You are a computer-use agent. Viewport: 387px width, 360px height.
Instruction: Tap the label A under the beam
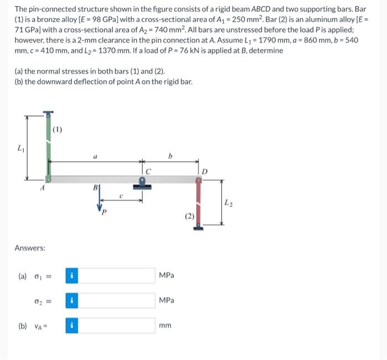pos(40,188)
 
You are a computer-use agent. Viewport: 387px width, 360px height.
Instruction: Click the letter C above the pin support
pos(148,171)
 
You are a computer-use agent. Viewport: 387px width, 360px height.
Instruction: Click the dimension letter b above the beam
pos(170,156)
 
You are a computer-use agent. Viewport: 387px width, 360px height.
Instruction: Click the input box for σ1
pos(117,276)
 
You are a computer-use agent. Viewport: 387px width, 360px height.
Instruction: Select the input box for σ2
pos(117,300)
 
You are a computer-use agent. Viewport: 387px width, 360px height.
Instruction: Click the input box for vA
pos(117,325)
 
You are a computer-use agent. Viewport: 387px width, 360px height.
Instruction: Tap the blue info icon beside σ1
pos(71,276)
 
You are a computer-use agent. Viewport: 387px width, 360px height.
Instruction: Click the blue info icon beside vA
pos(71,325)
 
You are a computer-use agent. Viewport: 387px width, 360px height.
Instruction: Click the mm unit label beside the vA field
pos(165,326)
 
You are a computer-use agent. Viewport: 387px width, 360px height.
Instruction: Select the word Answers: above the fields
pos(30,248)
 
